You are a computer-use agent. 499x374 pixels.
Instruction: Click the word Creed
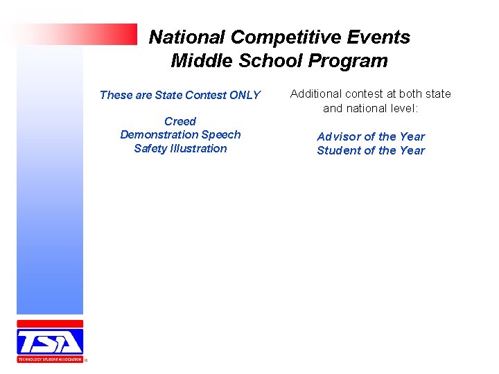coord(180,121)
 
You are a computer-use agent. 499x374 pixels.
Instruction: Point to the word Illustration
coord(200,149)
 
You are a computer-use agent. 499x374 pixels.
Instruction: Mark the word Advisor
coord(339,137)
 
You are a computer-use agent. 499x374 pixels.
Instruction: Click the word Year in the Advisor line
coord(412,137)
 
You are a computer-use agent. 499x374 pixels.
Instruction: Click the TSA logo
coord(50,341)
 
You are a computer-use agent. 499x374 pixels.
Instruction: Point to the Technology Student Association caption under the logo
coord(50,359)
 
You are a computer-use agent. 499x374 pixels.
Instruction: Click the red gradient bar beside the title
coord(76,34)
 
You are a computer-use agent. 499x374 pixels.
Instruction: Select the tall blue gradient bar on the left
coord(50,180)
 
